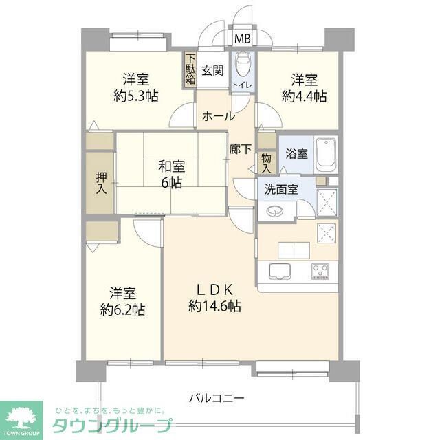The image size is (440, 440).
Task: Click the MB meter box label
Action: coord(243,38)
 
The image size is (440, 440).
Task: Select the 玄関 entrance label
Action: coord(212,69)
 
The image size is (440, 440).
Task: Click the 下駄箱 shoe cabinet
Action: coord(190,69)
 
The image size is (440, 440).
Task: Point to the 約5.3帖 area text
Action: coord(136,96)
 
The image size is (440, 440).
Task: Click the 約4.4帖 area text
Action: coord(304,96)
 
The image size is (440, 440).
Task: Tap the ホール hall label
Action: coord(218,117)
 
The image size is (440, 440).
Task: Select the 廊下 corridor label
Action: coord(240,148)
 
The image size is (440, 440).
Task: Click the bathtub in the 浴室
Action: coord(327,156)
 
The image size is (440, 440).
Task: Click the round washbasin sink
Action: coord(274,212)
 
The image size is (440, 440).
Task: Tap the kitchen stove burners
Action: coord(320,269)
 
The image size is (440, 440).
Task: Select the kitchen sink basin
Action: coord(280,269)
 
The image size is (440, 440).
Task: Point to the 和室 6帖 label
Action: coord(170,174)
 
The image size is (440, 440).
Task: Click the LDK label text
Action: coord(214,289)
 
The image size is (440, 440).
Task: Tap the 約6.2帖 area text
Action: coord(122,309)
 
